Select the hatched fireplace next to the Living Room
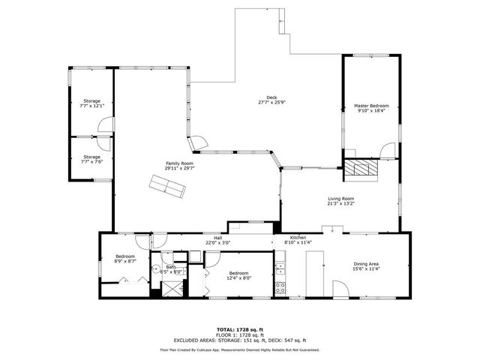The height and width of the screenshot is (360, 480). point(362,169)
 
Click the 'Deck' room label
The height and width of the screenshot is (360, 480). point(262,101)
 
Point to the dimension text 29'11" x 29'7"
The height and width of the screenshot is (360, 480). point(179,168)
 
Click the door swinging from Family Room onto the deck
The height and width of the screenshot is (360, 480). point(198,142)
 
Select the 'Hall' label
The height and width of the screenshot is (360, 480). point(217,238)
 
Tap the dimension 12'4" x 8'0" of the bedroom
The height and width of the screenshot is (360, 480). point(238,277)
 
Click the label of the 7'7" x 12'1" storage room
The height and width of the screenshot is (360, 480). point(91,106)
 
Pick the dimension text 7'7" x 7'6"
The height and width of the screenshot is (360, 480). point(91,161)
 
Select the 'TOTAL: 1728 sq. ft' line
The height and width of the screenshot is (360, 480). point(239,329)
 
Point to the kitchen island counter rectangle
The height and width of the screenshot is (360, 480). point(315,273)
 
